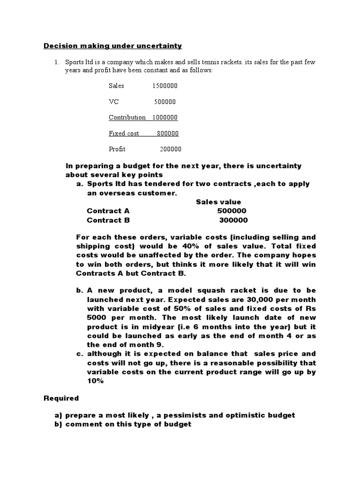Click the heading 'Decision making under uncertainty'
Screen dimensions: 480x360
coord(112,46)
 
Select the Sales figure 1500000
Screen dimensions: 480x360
coord(165,86)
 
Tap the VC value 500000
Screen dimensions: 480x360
coord(165,102)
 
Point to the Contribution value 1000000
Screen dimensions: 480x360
coord(165,117)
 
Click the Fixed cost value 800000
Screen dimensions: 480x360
coord(168,134)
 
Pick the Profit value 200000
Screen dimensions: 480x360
coord(170,149)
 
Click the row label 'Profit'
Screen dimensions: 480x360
coord(117,149)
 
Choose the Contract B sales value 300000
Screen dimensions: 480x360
coord(233,220)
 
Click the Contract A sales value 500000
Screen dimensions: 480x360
coord(232,211)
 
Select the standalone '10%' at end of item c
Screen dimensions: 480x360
coord(95,381)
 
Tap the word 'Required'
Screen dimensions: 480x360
coord(61,398)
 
